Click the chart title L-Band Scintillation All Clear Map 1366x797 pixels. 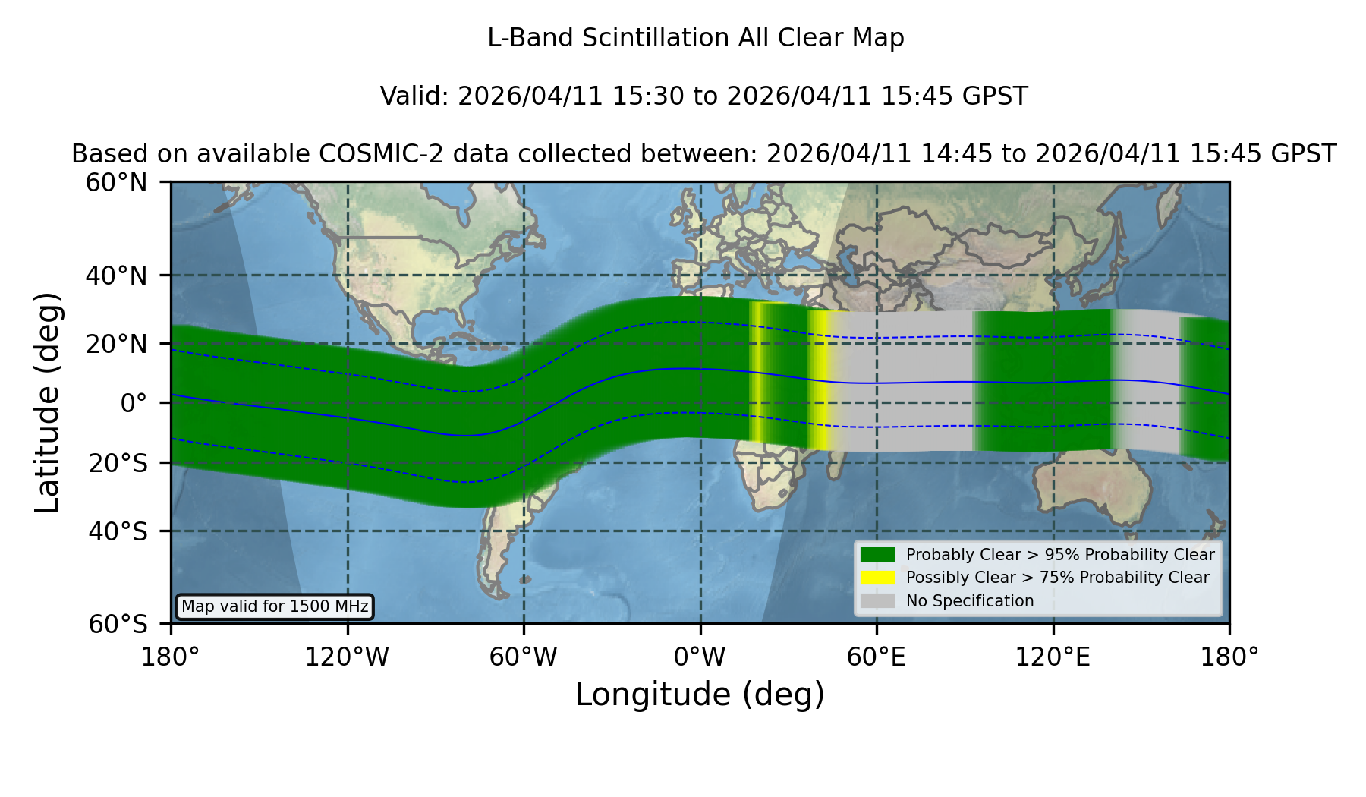[696, 38]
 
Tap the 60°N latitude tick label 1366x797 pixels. [116, 183]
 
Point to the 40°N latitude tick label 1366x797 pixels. [116, 276]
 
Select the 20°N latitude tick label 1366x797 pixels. [116, 344]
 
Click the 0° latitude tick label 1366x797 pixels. [134, 402]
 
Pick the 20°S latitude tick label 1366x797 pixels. [118, 463]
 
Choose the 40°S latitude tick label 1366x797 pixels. [118, 531]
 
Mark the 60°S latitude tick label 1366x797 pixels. [118, 624]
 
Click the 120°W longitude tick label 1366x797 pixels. [347, 657]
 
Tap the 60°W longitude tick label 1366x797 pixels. [524, 657]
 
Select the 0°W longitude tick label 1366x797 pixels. [700, 657]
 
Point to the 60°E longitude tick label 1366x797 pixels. [877, 657]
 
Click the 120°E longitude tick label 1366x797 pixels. [1053, 657]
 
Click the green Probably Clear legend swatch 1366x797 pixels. [878, 554]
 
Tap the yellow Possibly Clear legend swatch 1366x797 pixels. [878, 578]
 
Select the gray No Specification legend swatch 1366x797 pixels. [878, 601]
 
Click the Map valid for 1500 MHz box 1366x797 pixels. [275, 606]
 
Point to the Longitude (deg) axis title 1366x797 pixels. [700, 695]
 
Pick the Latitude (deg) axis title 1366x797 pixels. [48, 402]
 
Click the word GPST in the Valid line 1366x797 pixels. [995, 96]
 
